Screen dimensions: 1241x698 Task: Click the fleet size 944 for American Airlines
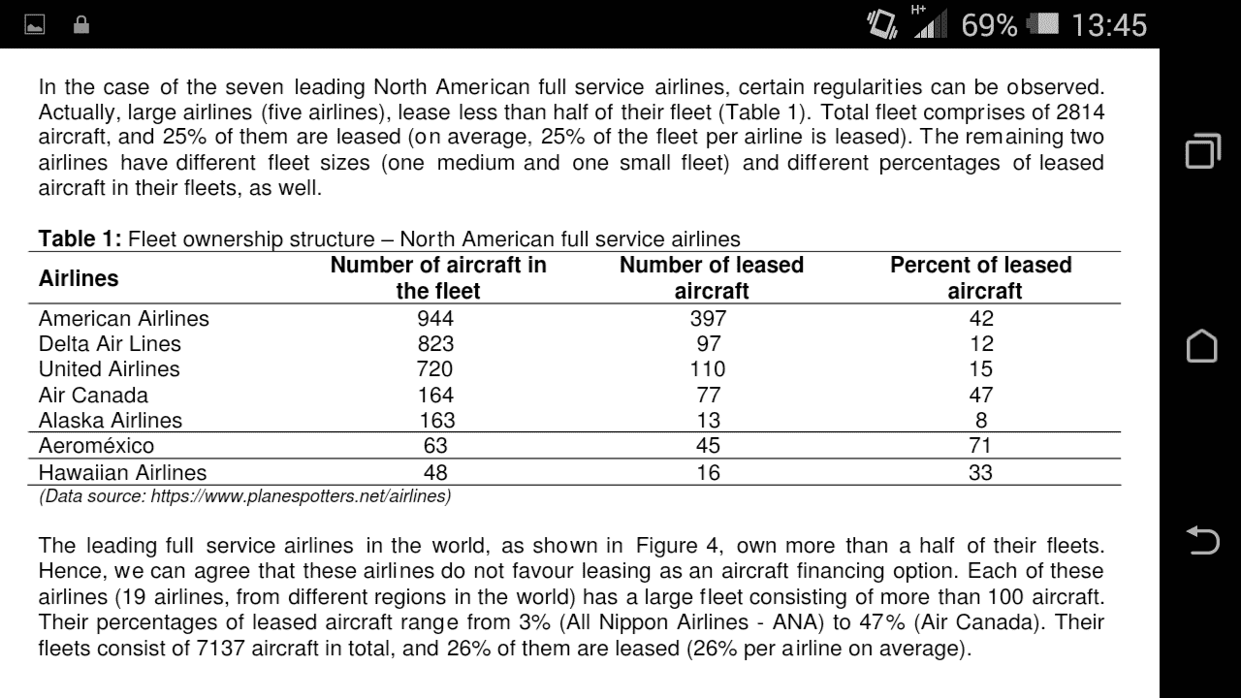click(435, 319)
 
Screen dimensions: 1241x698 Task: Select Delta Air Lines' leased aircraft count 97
click(709, 344)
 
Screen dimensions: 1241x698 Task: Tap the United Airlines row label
click(110, 369)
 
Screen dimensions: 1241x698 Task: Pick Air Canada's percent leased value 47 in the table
click(981, 395)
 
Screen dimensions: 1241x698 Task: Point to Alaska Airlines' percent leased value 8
click(981, 421)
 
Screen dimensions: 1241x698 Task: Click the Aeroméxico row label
click(96, 445)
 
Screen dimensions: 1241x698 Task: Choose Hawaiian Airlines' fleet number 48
click(435, 472)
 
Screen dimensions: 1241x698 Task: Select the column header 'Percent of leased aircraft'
click(981, 277)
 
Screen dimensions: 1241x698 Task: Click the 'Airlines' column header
click(79, 278)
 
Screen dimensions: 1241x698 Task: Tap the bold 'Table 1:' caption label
click(80, 238)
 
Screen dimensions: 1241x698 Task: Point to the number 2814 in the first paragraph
click(1080, 111)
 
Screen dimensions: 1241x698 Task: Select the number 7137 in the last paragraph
click(220, 649)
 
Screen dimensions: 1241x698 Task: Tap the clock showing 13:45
click(1109, 25)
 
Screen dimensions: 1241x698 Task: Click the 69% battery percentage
click(990, 25)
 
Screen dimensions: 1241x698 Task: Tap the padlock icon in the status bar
click(81, 25)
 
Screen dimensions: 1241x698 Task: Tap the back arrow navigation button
click(1202, 540)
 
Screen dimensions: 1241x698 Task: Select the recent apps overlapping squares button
click(1203, 150)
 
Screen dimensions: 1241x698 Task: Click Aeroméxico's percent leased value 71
click(980, 445)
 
